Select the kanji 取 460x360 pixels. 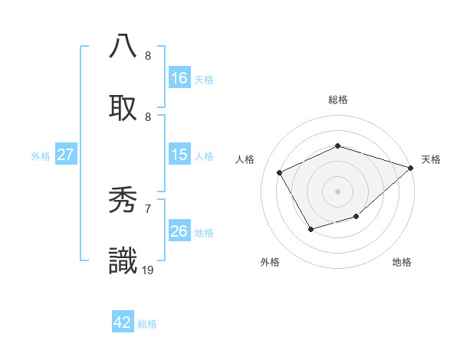(123, 106)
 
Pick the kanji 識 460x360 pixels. (123, 260)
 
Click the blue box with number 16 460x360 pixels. (179, 78)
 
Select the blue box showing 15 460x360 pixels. (179, 155)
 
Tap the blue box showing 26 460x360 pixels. (179, 231)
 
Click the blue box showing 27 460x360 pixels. (66, 155)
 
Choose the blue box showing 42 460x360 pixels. (123, 322)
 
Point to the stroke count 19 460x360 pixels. (148, 270)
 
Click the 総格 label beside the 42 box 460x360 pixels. (148, 324)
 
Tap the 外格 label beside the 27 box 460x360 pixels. (41, 156)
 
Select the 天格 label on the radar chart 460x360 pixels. (431, 159)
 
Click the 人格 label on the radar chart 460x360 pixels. (245, 159)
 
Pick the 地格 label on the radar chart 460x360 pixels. (402, 262)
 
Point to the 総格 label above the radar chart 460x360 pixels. (338, 100)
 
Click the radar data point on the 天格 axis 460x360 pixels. (411, 168)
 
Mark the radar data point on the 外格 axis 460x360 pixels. (310, 229)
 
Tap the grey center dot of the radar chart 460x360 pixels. (338, 191)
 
